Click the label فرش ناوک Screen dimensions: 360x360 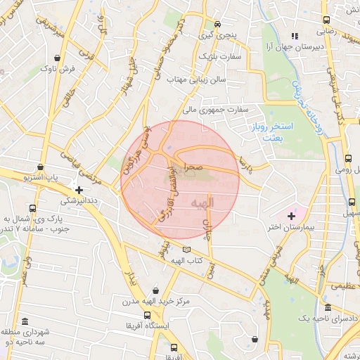click(x=58, y=69)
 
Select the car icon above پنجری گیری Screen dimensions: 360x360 click(x=218, y=23)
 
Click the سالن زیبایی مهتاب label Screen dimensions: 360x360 click(x=196, y=80)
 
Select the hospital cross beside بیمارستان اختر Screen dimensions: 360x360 click(x=291, y=214)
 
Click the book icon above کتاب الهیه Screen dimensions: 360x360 click(x=186, y=249)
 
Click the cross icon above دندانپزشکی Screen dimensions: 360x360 click(x=79, y=189)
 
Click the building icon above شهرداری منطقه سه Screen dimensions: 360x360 click(x=28, y=318)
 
